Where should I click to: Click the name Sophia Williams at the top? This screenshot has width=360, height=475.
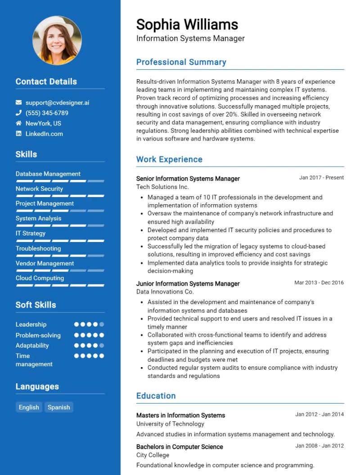click(x=187, y=24)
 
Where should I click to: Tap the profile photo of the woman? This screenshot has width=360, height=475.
click(x=57, y=40)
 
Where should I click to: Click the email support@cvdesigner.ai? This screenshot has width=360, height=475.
click(x=57, y=103)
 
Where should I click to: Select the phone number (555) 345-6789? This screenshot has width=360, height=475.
click(x=47, y=113)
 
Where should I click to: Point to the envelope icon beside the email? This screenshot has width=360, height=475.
click(x=18, y=103)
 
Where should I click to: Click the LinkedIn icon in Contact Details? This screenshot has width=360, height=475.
click(x=18, y=134)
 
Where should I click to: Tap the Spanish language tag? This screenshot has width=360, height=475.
click(x=58, y=407)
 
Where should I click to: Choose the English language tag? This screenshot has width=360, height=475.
click(x=29, y=407)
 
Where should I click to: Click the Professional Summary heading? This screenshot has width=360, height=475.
click(x=181, y=62)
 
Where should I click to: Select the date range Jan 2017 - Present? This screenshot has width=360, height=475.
click(x=321, y=178)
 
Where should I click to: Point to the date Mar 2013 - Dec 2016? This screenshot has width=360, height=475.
click(x=319, y=283)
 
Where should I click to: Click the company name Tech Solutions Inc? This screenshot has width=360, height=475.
click(x=162, y=187)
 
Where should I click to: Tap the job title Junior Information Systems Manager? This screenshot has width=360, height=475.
click(x=188, y=283)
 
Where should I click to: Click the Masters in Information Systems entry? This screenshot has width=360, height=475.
click(x=180, y=415)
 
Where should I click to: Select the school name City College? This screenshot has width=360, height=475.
click(x=153, y=455)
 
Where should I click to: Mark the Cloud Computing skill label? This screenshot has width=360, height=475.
click(x=40, y=278)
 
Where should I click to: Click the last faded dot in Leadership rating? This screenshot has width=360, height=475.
click(x=102, y=324)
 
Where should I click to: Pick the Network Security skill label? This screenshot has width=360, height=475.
click(x=39, y=188)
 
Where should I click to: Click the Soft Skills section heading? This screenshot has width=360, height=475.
click(x=36, y=305)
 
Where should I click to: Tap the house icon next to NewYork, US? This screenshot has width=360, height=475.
click(x=18, y=123)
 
